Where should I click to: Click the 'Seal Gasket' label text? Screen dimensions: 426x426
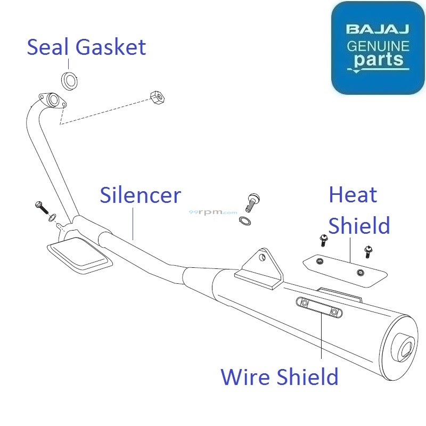tap(86, 47)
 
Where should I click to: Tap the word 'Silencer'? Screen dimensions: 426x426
tap(141, 196)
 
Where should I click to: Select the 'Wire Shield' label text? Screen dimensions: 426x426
tap(279, 377)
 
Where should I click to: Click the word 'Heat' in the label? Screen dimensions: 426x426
tap(353, 195)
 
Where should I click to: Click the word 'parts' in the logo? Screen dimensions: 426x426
tap(379, 59)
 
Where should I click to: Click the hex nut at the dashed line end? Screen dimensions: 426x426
tap(157, 97)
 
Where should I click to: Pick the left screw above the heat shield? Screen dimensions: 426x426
tap(323, 241)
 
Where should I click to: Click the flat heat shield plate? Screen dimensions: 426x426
tap(343, 268)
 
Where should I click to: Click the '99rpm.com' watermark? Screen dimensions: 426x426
tap(213, 212)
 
